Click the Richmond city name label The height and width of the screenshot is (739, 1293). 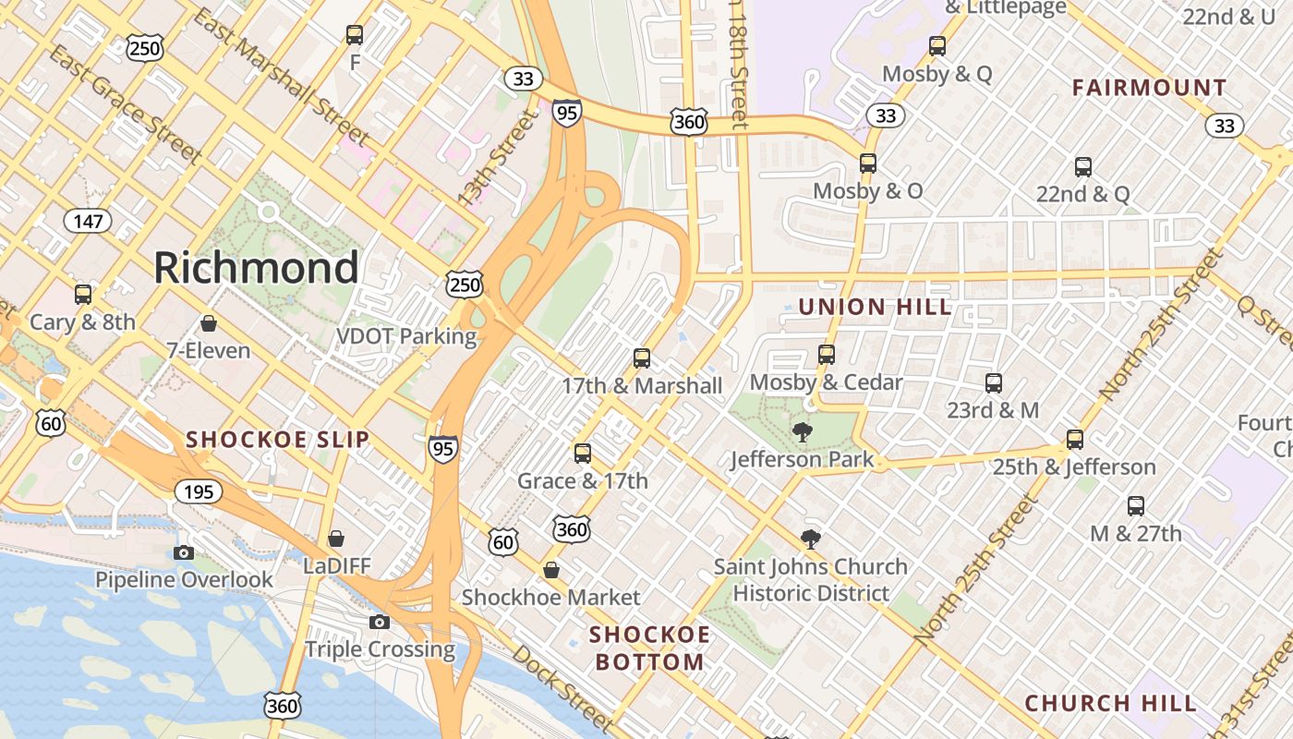tap(256, 268)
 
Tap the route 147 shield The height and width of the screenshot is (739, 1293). tap(88, 221)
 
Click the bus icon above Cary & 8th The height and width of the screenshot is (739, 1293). tap(83, 295)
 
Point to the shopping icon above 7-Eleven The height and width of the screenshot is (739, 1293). tap(209, 323)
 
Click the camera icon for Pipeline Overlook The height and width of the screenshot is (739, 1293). tap(184, 552)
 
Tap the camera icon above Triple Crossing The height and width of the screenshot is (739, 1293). tap(380, 622)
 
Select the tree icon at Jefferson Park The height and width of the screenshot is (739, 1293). tap(803, 431)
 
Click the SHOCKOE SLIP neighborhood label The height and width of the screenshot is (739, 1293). tap(278, 440)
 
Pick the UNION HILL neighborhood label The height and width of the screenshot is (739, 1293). tap(875, 307)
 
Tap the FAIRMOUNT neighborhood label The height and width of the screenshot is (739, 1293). tap(1149, 88)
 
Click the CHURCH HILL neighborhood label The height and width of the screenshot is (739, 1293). tap(1111, 703)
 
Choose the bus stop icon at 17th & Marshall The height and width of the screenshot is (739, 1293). tap(642, 358)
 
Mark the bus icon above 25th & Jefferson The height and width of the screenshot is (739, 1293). tap(1075, 440)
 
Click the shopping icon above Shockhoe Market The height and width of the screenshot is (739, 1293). tap(551, 570)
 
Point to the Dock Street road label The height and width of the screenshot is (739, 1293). tap(562, 688)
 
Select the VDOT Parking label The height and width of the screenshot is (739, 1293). tap(406, 336)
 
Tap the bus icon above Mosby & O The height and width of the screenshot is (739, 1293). tap(868, 164)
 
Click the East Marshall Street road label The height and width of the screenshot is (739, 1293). tap(282, 77)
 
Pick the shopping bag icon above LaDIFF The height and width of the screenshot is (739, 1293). tap(336, 538)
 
